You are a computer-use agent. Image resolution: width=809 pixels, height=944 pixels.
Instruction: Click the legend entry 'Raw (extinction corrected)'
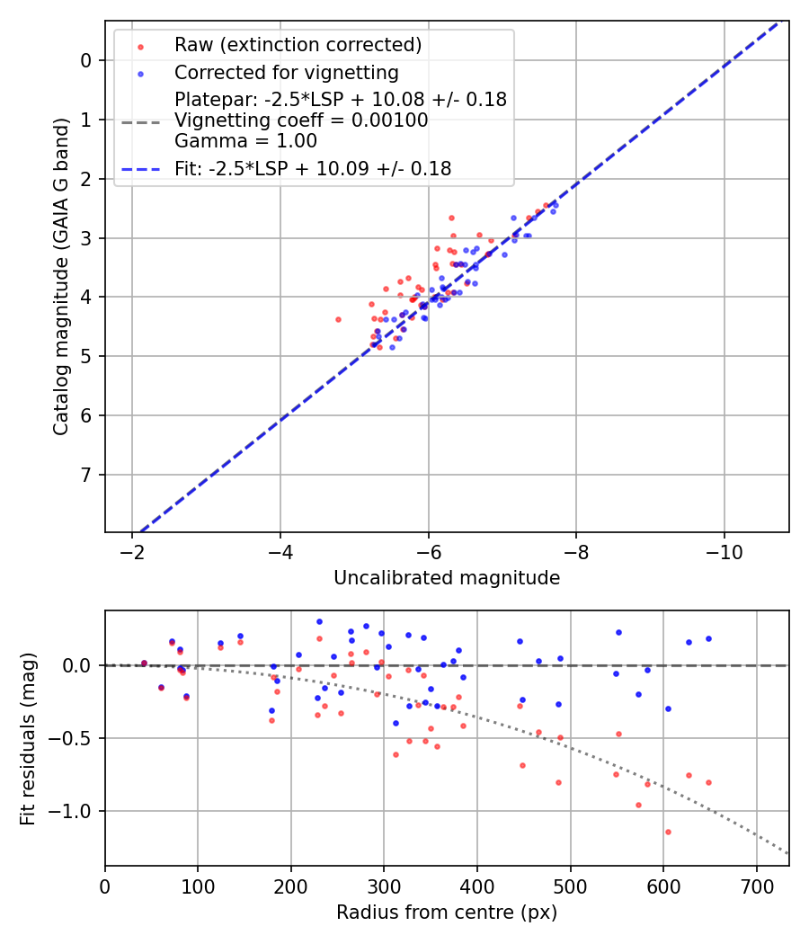(298, 45)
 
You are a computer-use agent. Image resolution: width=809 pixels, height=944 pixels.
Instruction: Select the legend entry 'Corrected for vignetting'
(286, 72)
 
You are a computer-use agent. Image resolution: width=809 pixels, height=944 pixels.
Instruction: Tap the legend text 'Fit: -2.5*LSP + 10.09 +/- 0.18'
(313, 168)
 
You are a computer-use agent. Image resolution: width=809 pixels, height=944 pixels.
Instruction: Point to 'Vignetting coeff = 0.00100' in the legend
(301, 120)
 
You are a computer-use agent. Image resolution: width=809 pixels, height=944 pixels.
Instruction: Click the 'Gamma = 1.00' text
(245, 141)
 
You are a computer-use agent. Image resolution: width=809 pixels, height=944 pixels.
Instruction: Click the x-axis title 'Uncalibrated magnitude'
(447, 578)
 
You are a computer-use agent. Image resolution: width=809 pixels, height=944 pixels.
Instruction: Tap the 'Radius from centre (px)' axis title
(447, 913)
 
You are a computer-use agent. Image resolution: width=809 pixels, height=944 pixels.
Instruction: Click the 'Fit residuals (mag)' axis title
(28, 738)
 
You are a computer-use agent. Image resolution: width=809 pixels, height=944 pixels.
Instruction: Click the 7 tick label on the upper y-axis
(86, 475)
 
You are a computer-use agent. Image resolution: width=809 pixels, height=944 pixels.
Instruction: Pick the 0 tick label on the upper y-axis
(86, 60)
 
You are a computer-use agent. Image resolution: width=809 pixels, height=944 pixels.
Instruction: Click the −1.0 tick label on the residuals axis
(74, 811)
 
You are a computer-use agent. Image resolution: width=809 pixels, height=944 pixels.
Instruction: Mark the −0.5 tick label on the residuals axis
(74, 738)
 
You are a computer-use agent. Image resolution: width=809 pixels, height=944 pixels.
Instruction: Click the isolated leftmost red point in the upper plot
(338, 319)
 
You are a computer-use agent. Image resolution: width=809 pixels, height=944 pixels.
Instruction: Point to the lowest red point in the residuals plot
(668, 832)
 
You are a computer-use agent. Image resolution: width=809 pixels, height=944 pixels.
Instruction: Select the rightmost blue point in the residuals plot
(708, 638)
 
